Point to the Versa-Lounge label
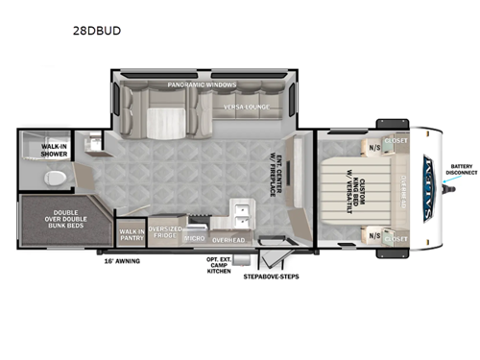[x=245, y=107]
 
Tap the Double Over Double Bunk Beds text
[x=53, y=219]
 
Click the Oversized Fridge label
[x=164, y=233]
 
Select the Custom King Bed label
[x=363, y=189]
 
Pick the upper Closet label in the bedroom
[x=395, y=141]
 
